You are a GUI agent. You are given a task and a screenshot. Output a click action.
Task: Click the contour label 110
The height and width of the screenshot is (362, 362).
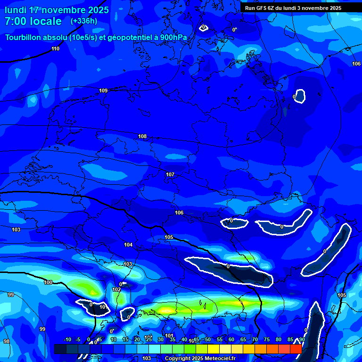56,49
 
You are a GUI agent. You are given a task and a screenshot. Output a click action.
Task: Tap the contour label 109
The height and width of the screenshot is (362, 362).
103,90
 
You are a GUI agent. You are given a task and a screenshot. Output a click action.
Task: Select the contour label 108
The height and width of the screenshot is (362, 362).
142,136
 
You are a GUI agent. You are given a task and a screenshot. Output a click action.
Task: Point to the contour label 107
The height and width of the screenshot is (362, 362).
170,174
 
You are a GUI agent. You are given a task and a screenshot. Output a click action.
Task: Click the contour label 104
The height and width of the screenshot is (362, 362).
128,245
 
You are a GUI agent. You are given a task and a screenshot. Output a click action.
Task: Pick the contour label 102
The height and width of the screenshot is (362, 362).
116,289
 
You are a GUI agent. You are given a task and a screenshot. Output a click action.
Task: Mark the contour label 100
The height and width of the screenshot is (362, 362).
48,282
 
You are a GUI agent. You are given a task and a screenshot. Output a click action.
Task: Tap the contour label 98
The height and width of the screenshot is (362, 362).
7,341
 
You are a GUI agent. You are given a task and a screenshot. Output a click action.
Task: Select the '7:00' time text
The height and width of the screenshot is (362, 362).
15,21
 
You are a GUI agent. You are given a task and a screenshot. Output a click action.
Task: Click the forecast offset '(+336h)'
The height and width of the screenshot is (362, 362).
84,21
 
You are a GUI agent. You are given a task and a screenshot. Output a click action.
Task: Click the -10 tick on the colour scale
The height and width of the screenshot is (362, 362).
67,340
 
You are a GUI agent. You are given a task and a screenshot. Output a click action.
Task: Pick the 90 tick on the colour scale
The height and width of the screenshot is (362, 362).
302,340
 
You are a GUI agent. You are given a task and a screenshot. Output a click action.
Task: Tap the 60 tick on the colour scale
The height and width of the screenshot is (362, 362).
231,340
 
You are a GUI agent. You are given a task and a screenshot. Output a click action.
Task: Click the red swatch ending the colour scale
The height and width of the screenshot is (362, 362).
296,349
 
